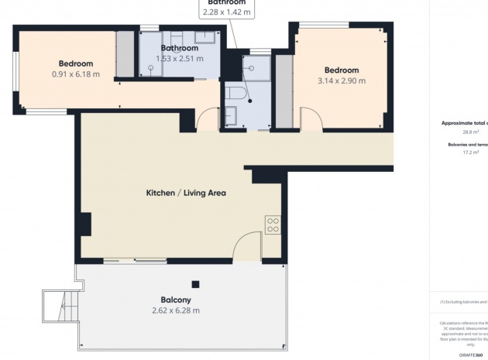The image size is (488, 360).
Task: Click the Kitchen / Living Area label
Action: pos(186,192)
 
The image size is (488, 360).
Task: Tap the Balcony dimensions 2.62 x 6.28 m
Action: pos(175,310)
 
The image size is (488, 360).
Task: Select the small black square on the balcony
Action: pos(196,283)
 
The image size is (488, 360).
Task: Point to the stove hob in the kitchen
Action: pos(273,225)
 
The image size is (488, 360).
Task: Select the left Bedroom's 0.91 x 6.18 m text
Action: pos(76,74)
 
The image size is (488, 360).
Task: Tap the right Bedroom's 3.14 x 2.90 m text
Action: pos(342,81)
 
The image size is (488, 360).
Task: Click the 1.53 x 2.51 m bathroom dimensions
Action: pos(180,58)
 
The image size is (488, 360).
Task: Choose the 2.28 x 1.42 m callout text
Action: pos(224,12)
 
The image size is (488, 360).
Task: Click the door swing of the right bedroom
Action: pos(311,120)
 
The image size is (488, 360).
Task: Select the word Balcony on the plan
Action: pos(176,300)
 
